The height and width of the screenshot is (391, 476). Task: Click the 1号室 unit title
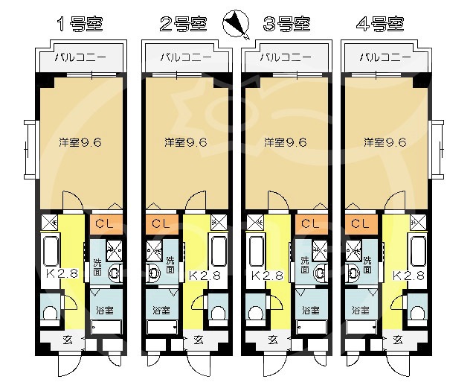click(80, 24)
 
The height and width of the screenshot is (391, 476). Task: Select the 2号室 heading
click(184, 24)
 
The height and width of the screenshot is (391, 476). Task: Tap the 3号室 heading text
click(287, 24)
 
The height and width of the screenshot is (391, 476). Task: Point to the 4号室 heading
click(380, 24)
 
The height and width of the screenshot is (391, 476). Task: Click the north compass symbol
click(236, 24)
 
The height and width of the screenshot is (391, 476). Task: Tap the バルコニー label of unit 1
click(80, 57)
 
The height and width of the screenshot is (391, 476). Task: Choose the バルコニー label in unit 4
click(385, 57)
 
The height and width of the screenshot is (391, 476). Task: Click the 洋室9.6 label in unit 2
click(186, 142)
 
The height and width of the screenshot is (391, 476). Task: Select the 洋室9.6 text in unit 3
click(286, 142)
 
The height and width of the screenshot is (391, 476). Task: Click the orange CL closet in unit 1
click(106, 224)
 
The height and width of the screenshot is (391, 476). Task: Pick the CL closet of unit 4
click(361, 224)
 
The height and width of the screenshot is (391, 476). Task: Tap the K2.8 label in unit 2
click(205, 276)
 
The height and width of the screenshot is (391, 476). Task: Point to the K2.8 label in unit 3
click(267, 276)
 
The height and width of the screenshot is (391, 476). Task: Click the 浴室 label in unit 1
click(105, 311)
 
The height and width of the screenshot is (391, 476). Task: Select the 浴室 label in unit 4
click(361, 311)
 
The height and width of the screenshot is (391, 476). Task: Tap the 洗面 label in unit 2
click(170, 265)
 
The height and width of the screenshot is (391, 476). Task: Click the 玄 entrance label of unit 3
click(273, 340)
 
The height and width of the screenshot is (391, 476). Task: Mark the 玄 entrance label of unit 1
click(68, 340)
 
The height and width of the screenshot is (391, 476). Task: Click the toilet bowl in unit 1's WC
click(50, 313)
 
